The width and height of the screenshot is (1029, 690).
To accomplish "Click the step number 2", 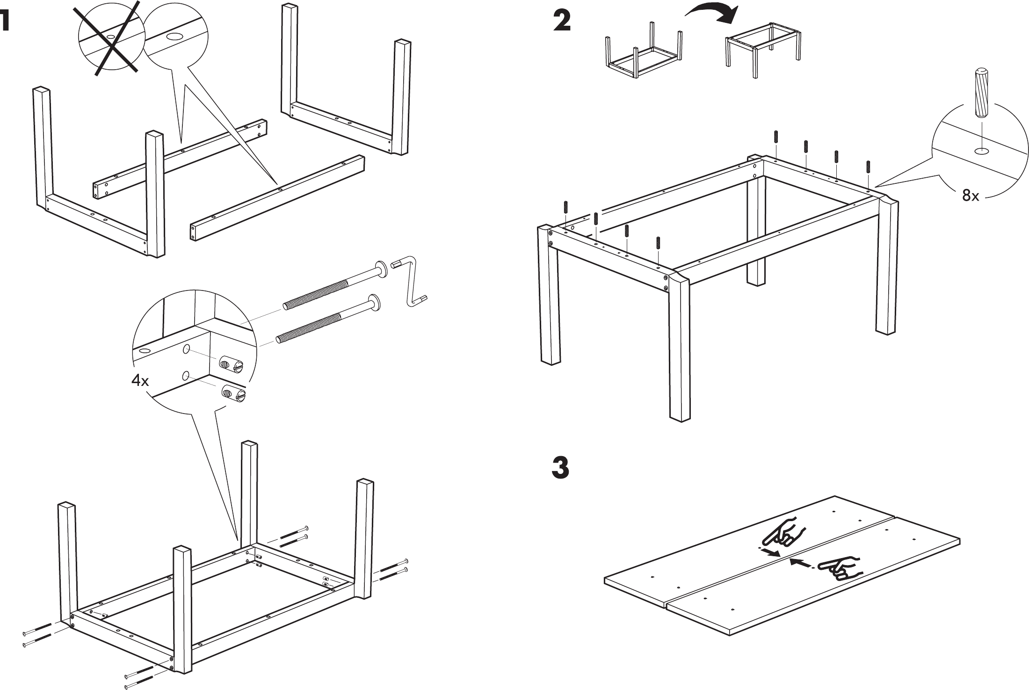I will (x=562, y=22).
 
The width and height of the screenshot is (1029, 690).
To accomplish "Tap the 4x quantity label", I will (x=140, y=381).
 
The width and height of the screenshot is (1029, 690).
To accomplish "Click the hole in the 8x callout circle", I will (x=981, y=151).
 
